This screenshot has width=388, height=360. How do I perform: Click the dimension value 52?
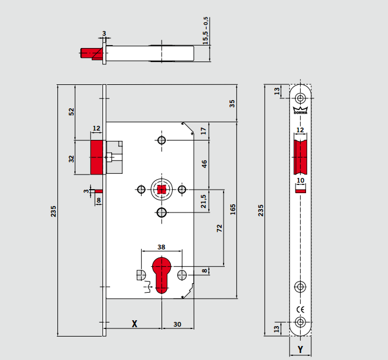pyautogui.click(x=71, y=111)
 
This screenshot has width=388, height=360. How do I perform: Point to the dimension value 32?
pyautogui.click(x=71, y=157)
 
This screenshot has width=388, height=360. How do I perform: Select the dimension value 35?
pyautogui.click(x=232, y=103)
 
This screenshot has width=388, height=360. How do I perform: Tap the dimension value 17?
pyautogui.click(x=204, y=131)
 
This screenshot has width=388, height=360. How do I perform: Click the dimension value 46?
pyautogui.click(x=204, y=164)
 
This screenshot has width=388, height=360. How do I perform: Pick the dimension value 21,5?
pyautogui.click(x=204, y=200)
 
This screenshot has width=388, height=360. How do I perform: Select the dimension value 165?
pyautogui.click(x=233, y=210)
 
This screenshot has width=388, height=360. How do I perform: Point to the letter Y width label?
pyautogui.click(x=300, y=349)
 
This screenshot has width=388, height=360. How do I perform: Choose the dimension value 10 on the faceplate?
pyautogui.click(x=300, y=181)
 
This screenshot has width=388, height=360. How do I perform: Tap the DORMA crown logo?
pyautogui.click(x=300, y=111)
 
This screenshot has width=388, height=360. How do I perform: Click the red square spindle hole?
pyautogui.click(x=161, y=189)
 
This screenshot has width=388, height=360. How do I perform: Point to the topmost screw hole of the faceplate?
pyautogui.click(x=300, y=98)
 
